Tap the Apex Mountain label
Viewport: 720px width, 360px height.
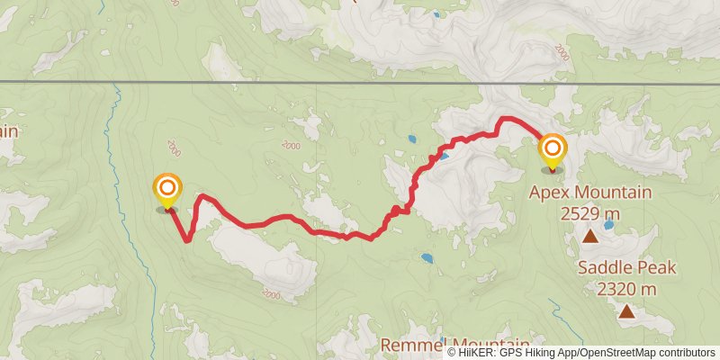coord(589,192)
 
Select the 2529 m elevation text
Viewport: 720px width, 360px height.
coord(589,213)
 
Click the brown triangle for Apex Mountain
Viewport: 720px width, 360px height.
coord(589,237)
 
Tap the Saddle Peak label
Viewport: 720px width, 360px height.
coord(626,267)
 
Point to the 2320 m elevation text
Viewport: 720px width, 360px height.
coord(626,289)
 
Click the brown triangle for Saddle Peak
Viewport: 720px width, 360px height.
coord(625,311)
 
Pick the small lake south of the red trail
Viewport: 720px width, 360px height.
coord(426,257)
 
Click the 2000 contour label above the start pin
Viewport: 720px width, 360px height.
coord(174,147)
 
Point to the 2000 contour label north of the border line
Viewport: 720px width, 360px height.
coord(562,55)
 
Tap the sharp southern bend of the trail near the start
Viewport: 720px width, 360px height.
coord(187,239)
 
